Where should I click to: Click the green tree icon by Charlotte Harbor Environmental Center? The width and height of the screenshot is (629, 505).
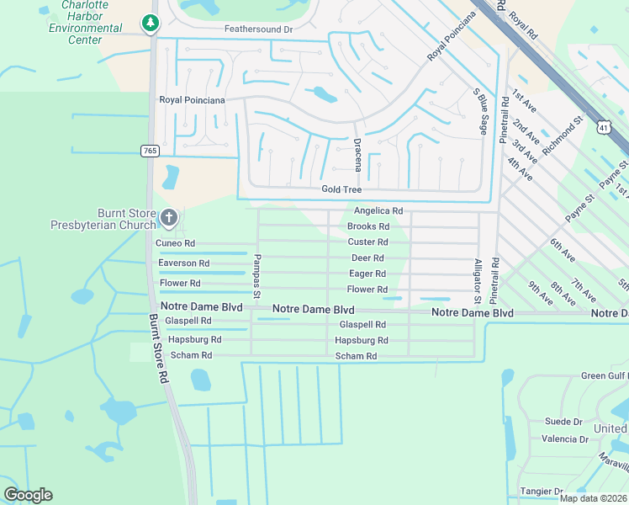point(151,23)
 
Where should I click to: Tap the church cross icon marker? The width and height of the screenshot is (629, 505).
point(168,219)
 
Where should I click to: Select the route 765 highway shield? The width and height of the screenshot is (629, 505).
point(150,151)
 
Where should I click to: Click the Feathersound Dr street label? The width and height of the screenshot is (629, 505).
point(257,29)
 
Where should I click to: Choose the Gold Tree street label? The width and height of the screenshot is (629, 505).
point(341,190)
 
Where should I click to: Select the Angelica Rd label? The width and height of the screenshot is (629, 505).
point(378,211)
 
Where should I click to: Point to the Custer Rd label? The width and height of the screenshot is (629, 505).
point(367,242)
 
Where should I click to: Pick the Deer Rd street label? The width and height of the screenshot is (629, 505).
point(367,258)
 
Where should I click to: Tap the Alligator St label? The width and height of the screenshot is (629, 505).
point(477,281)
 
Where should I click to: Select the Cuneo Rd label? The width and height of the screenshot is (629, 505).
point(176,243)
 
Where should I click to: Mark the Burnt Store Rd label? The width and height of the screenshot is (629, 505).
point(156,348)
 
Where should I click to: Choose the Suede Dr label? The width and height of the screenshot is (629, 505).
point(563,422)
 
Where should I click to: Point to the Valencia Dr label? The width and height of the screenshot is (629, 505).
point(564,439)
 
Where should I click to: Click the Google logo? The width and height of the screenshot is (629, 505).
point(28,495)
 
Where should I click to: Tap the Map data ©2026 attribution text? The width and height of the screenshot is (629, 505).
point(592,497)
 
